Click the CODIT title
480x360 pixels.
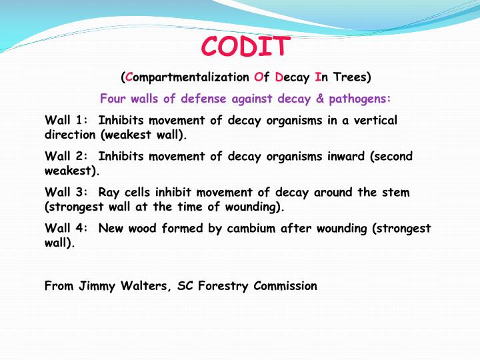pyautogui.click(x=246, y=46)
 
